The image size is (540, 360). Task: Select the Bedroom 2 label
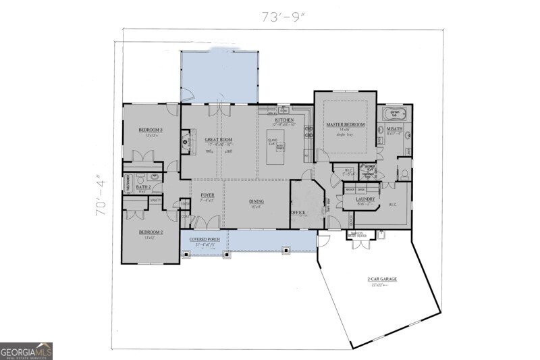(150, 232)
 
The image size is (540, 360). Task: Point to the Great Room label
(219, 140)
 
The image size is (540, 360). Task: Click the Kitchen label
(284, 120)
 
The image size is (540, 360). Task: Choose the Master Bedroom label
(346, 125)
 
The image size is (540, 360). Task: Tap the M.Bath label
(394, 129)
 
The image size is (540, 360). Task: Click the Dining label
(256, 202)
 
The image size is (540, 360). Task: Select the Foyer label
(207, 196)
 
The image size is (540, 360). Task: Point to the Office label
(298, 213)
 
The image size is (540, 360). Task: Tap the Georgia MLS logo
(26, 351)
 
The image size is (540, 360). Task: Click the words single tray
(345, 134)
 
